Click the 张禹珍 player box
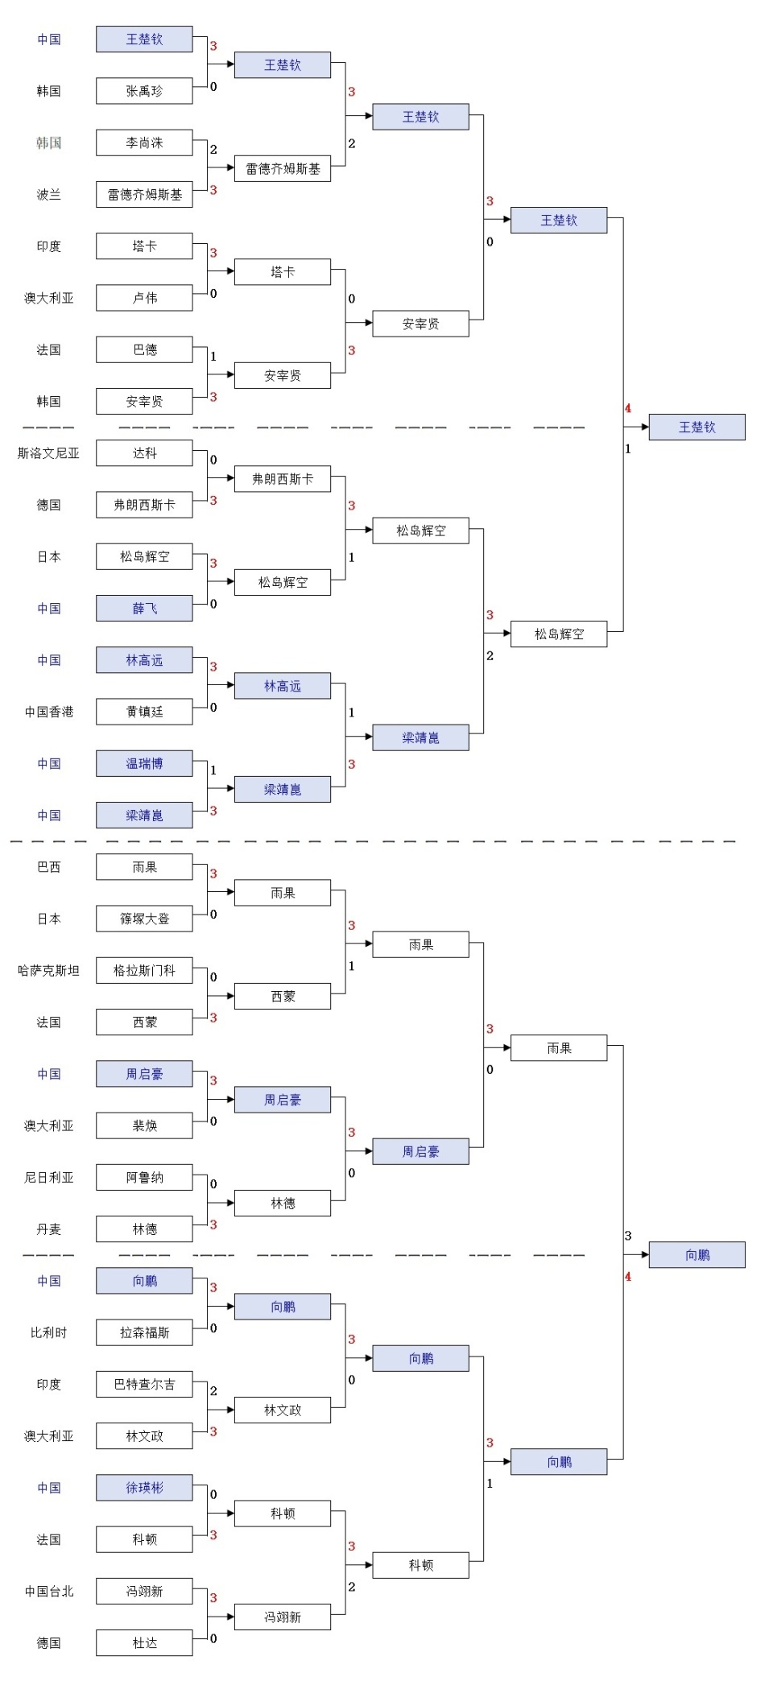144,91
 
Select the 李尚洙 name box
144,142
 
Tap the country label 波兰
48,195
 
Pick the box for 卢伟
144,298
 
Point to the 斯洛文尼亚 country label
48,453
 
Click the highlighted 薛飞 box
144,609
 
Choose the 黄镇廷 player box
144,712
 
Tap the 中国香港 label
48,712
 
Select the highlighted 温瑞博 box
144,763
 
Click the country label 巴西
48,867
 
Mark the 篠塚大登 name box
144,919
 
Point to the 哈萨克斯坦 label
48,971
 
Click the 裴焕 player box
144,1125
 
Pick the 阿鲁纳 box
144,1178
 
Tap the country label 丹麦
48,1229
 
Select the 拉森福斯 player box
144,1332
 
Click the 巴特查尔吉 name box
144,1385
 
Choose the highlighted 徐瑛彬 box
144,1488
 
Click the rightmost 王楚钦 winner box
697,427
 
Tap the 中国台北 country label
48,1592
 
